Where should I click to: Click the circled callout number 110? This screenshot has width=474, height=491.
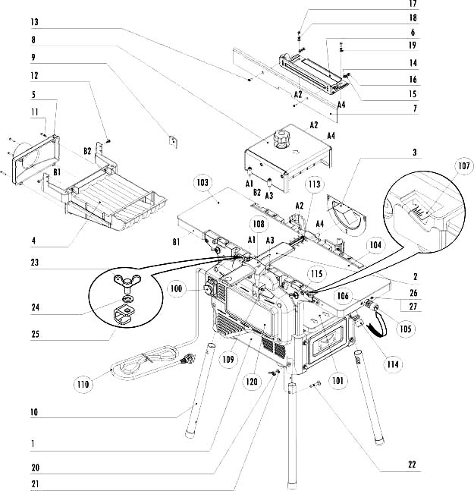click(x=83, y=385)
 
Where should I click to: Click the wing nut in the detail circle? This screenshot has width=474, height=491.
click(x=121, y=286)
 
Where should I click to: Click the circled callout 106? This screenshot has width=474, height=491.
click(x=342, y=297)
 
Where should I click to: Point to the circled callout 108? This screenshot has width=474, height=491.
click(x=259, y=225)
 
